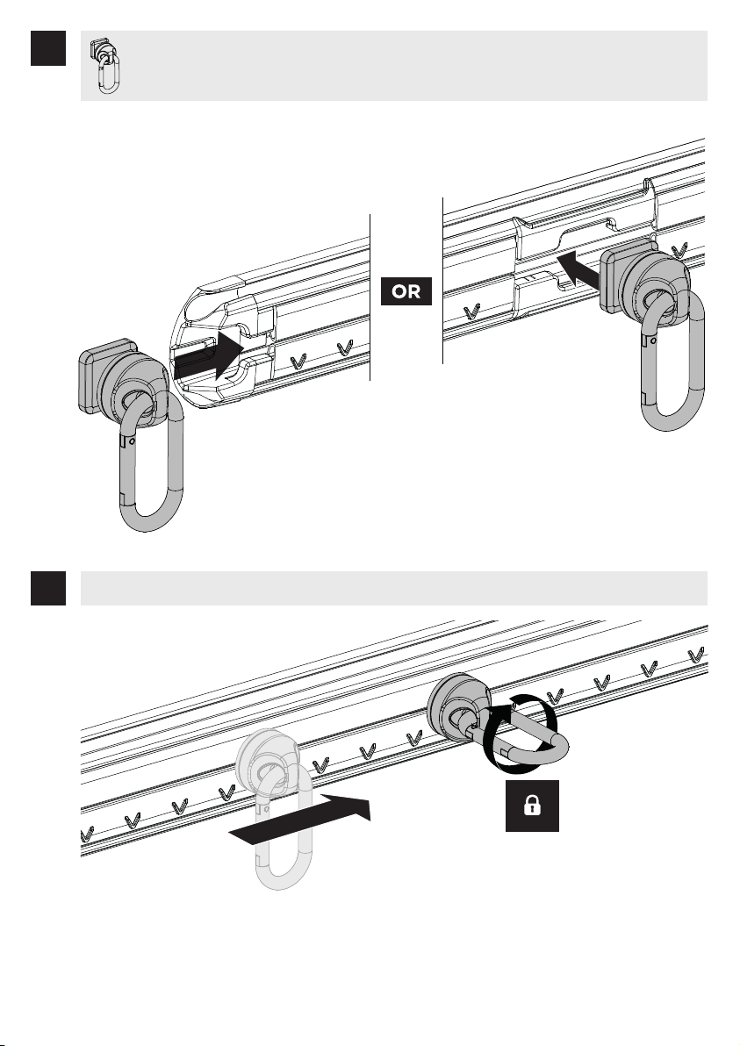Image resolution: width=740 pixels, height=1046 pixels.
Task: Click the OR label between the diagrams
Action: [406, 291]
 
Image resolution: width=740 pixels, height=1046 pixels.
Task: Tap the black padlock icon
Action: [532, 806]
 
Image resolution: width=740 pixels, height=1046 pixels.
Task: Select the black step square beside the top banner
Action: [48, 48]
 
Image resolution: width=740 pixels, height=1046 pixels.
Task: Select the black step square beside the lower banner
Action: [48, 588]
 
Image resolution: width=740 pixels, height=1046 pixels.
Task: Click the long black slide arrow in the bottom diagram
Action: [299, 820]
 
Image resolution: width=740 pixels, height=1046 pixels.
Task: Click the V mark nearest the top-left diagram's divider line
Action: [344, 347]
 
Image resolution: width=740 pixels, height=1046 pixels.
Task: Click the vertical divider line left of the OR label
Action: [370, 297]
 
